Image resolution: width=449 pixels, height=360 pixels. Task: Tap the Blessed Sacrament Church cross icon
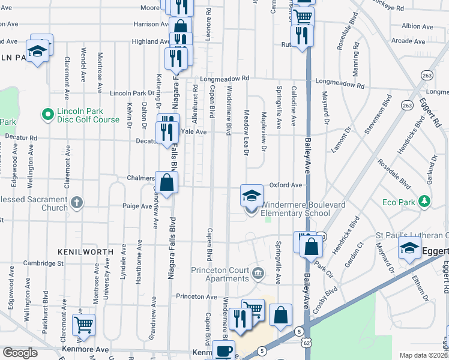pyautogui.click(x=76, y=202)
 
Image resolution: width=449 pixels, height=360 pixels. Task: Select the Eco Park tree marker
pyautogui.click(x=425, y=202)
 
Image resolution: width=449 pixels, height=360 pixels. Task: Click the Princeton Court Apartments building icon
pyautogui.click(x=258, y=274)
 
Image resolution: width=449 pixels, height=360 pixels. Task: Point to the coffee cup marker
pyautogui.click(x=224, y=351)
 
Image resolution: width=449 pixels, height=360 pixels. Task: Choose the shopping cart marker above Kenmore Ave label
pyautogui.click(x=83, y=325)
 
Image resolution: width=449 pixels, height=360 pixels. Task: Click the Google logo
pyautogui.click(x=19, y=353)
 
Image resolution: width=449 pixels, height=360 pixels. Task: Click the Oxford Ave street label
pyautogui.click(x=285, y=185)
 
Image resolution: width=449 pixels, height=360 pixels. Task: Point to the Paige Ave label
pyautogui.click(x=137, y=206)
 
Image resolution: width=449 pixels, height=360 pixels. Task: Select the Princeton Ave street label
pyautogui.click(x=196, y=296)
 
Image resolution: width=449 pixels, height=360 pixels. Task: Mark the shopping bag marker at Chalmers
pyautogui.click(x=166, y=182)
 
